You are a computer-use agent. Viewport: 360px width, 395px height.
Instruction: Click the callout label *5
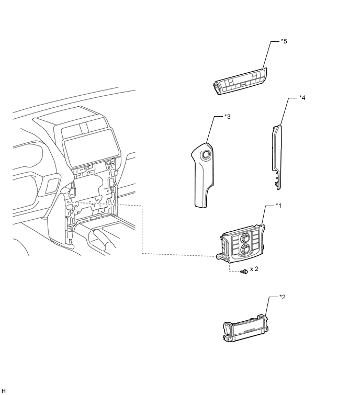[284, 41]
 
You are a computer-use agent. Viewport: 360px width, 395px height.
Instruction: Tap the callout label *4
[302, 98]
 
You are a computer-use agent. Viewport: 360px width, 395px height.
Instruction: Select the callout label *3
[227, 117]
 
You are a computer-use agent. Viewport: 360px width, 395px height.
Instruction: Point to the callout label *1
[278, 206]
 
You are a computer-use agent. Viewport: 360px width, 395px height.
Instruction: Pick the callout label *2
[282, 297]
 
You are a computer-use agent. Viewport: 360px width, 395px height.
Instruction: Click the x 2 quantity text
[254, 269]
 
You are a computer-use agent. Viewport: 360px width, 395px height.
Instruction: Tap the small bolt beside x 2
[244, 272]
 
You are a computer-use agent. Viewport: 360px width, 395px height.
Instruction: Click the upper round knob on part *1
[245, 238]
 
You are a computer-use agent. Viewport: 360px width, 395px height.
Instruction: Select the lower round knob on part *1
[245, 249]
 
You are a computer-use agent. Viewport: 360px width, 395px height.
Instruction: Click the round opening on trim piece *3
[206, 155]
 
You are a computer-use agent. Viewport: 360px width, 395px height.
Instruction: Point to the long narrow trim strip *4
[277, 156]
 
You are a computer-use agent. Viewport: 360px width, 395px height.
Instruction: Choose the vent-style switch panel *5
[240, 81]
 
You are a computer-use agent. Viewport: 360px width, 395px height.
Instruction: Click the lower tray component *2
[245, 328]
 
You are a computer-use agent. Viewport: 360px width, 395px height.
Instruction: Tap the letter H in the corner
[3, 391]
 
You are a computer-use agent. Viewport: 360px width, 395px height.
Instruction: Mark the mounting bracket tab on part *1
[222, 256]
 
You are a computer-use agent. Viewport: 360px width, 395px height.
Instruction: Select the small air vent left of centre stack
[52, 185]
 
